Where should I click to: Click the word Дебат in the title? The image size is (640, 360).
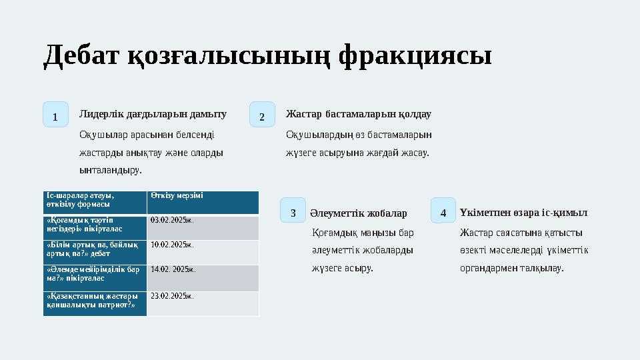(81, 56)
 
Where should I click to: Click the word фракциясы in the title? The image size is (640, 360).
(415, 56)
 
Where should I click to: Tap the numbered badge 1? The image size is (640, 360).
(55, 115)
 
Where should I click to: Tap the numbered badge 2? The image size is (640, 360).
(262, 115)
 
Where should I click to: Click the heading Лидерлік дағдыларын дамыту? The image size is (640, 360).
(153, 114)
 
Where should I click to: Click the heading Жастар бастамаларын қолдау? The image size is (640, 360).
(358, 114)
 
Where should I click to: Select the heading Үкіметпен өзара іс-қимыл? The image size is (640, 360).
(523, 213)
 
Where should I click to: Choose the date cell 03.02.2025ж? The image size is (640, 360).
(172, 219)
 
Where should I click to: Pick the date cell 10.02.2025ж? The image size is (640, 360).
(172, 245)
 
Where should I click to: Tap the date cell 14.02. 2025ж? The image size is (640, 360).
(173, 270)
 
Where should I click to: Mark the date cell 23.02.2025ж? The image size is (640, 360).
(172, 295)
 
